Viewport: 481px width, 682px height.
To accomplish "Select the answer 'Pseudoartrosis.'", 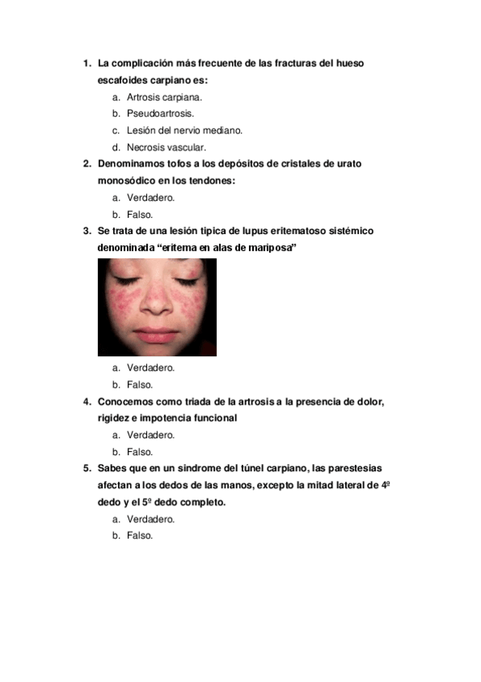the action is click(x=160, y=113).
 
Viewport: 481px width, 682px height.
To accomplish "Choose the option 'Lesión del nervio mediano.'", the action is click(x=184, y=130).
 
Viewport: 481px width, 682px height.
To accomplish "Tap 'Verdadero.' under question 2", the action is click(x=151, y=197).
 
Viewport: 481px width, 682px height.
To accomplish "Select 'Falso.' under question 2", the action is click(x=140, y=215).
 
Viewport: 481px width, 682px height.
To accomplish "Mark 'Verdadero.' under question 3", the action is click(x=151, y=368).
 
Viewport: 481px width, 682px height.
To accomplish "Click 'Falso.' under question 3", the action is click(x=140, y=384).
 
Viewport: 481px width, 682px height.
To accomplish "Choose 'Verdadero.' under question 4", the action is click(x=151, y=435).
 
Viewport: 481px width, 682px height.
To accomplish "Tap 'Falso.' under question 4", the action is click(x=140, y=452).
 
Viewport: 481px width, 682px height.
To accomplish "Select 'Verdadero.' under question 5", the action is click(x=151, y=519).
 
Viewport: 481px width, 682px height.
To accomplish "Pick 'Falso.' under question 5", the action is click(x=140, y=536).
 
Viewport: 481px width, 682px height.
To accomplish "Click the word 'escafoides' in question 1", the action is click(x=122, y=80).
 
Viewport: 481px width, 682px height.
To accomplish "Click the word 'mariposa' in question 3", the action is click(x=271, y=249).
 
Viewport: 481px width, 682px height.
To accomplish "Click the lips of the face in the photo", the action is click(x=157, y=333).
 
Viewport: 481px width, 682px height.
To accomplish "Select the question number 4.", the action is click(x=87, y=401).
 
